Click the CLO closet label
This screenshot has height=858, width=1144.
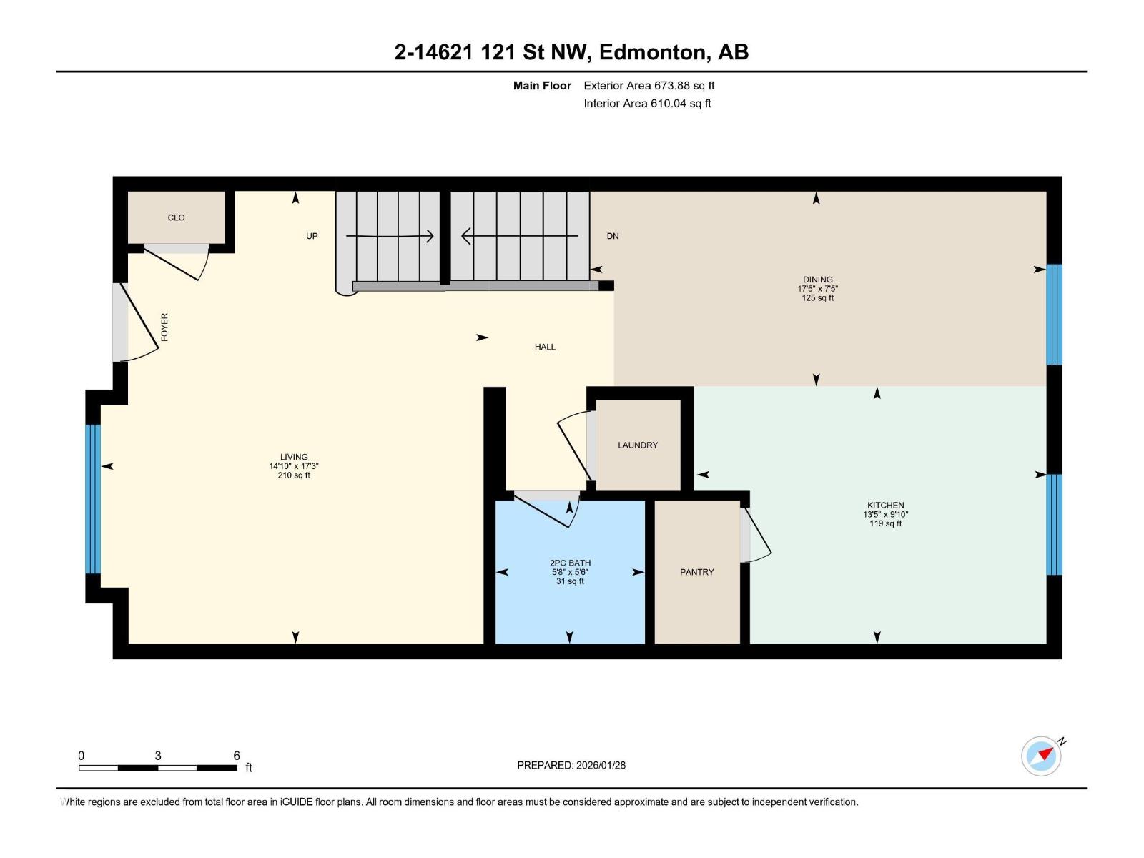(176, 218)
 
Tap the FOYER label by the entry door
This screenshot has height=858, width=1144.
(164, 327)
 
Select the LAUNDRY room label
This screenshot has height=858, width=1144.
(638, 445)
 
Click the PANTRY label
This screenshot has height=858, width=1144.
(697, 572)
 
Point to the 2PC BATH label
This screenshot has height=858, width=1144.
(570, 563)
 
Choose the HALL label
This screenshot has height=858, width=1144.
(545, 347)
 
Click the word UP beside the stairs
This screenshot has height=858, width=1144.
(312, 236)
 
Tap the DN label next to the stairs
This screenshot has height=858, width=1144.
(613, 236)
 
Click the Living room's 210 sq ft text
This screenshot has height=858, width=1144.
(294, 475)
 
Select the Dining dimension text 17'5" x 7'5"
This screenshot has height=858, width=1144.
(818, 289)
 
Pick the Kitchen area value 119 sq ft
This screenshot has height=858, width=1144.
(885, 523)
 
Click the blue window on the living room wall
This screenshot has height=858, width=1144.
(93, 499)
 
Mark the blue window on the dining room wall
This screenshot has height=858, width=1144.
(1055, 315)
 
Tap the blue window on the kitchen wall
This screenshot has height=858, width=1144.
(1055, 525)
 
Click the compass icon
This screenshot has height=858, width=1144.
(1041, 756)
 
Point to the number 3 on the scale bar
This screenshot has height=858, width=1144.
(158, 755)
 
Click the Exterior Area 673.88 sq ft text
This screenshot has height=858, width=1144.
(649, 85)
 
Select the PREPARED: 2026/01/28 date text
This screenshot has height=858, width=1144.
(571, 765)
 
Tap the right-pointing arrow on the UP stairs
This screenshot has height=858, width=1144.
(390, 236)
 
